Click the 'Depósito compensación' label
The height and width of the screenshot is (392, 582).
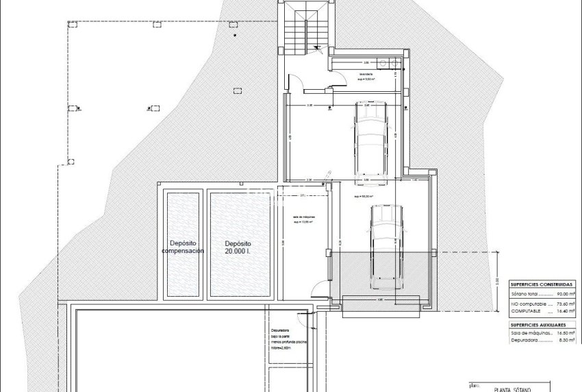click(x=183, y=247)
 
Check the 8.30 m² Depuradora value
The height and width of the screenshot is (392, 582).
click(x=565, y=341)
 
